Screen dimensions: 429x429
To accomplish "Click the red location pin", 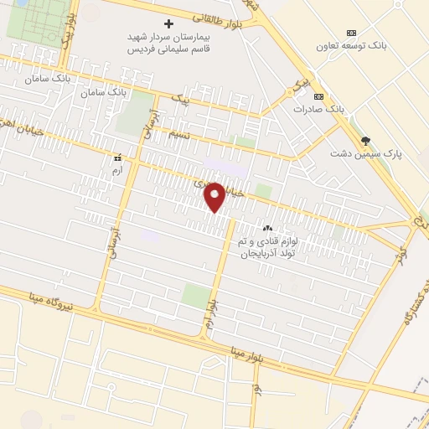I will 215,196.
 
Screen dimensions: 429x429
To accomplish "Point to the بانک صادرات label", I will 319,109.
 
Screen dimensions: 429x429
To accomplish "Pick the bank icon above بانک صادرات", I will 319,96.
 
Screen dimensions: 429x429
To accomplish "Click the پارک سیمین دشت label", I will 365,154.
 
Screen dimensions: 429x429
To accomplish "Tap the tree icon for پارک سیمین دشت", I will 364,141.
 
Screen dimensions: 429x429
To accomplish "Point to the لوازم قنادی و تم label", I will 267,241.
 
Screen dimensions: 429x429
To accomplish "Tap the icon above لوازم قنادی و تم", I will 268,228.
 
